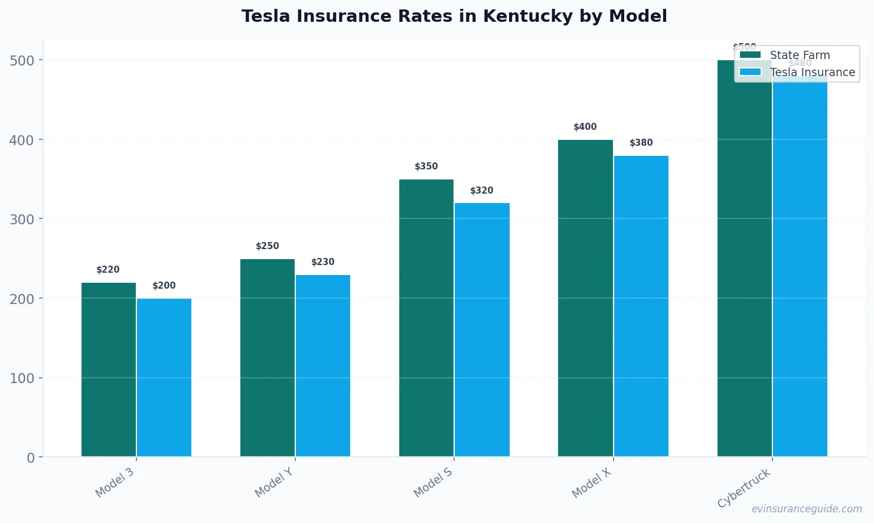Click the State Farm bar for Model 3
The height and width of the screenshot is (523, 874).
pyautogui.click(x=109, y=370)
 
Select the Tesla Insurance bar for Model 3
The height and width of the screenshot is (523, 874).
pyautogui.click(x=164, y=378)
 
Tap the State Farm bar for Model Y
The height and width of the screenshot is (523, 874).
pyautogui.click(x=268, y=358)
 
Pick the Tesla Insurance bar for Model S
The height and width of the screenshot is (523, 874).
pyautogui.click(x=482, y=329)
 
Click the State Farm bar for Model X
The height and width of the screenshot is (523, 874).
pyautogui.click(x=585, y=298)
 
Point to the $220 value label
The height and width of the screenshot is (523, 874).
pyautogui.click(x=108, y=270)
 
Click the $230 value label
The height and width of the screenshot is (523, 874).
pyautogui.click(x=323, y=262)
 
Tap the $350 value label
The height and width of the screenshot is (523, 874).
pyautogui.click(x=426, y=166)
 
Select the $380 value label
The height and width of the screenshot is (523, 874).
pyautogui.click(x=641, y=143)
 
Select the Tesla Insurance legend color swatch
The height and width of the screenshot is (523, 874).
pyautogui.click(x=750, y=72)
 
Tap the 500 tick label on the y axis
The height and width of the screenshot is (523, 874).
pyautogui.click(x=22, y=60)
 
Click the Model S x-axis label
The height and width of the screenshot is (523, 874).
pyautogui.click(x=433, y=482)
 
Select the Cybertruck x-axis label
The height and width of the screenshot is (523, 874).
pyautogui.click(x=744, y=488)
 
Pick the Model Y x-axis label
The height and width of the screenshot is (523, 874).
pyautogui.click(x=274, y=482)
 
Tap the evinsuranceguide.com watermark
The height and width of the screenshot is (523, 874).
pyautogui.click(x=807, y=509)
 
